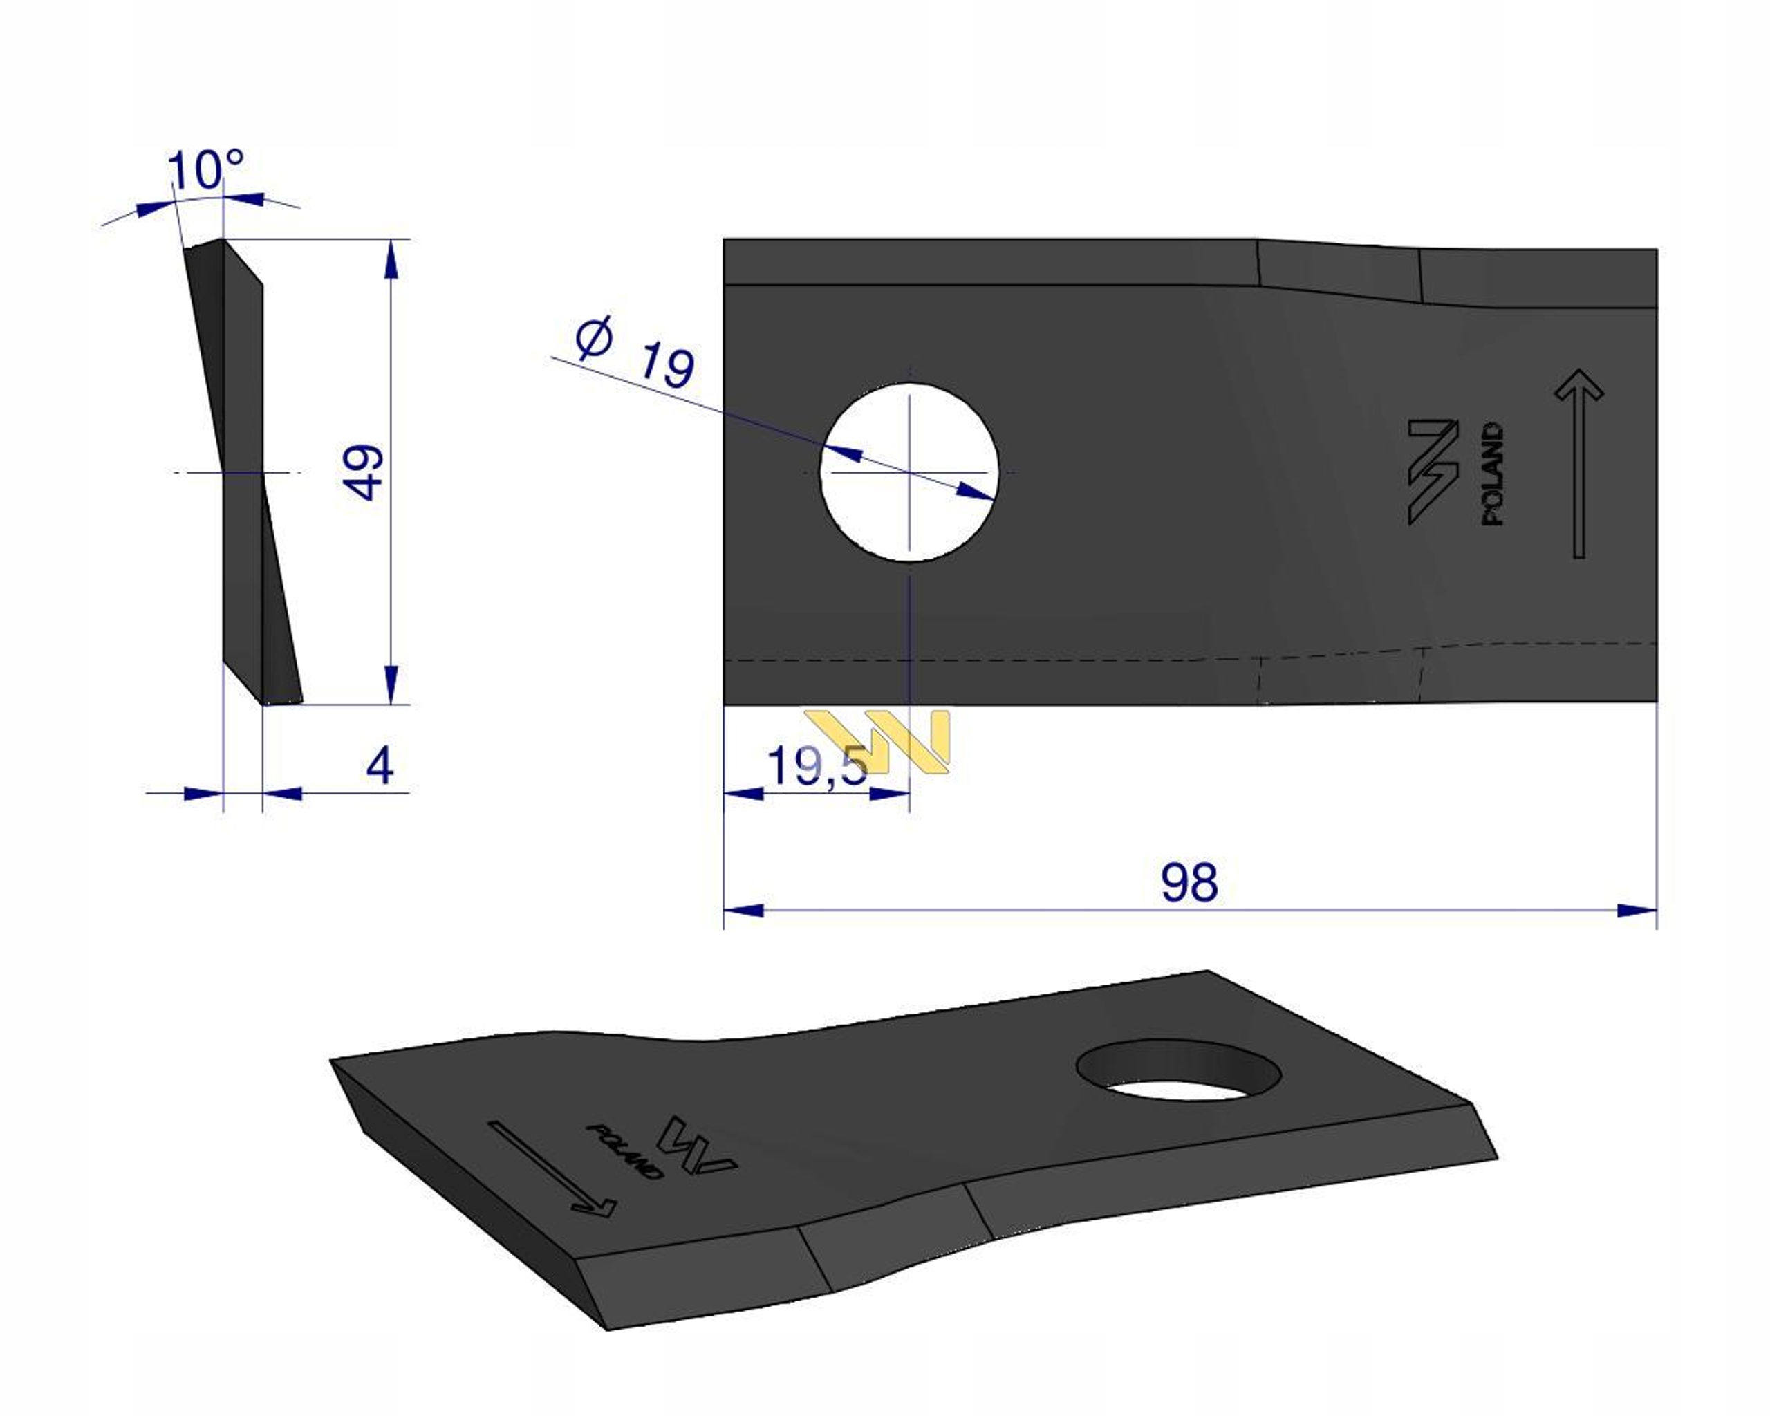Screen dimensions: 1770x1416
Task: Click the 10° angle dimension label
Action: (205, 170)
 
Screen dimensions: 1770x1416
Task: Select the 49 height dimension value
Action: (363, 472)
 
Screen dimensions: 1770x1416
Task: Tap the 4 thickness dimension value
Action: (380, 765)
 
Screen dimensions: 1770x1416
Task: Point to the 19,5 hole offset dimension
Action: (817, 767)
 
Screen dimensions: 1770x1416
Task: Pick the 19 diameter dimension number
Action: (667, 364)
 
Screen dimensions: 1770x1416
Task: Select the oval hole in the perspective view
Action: (1178, 1070)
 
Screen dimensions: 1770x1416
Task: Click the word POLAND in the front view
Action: (1493, 474)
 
